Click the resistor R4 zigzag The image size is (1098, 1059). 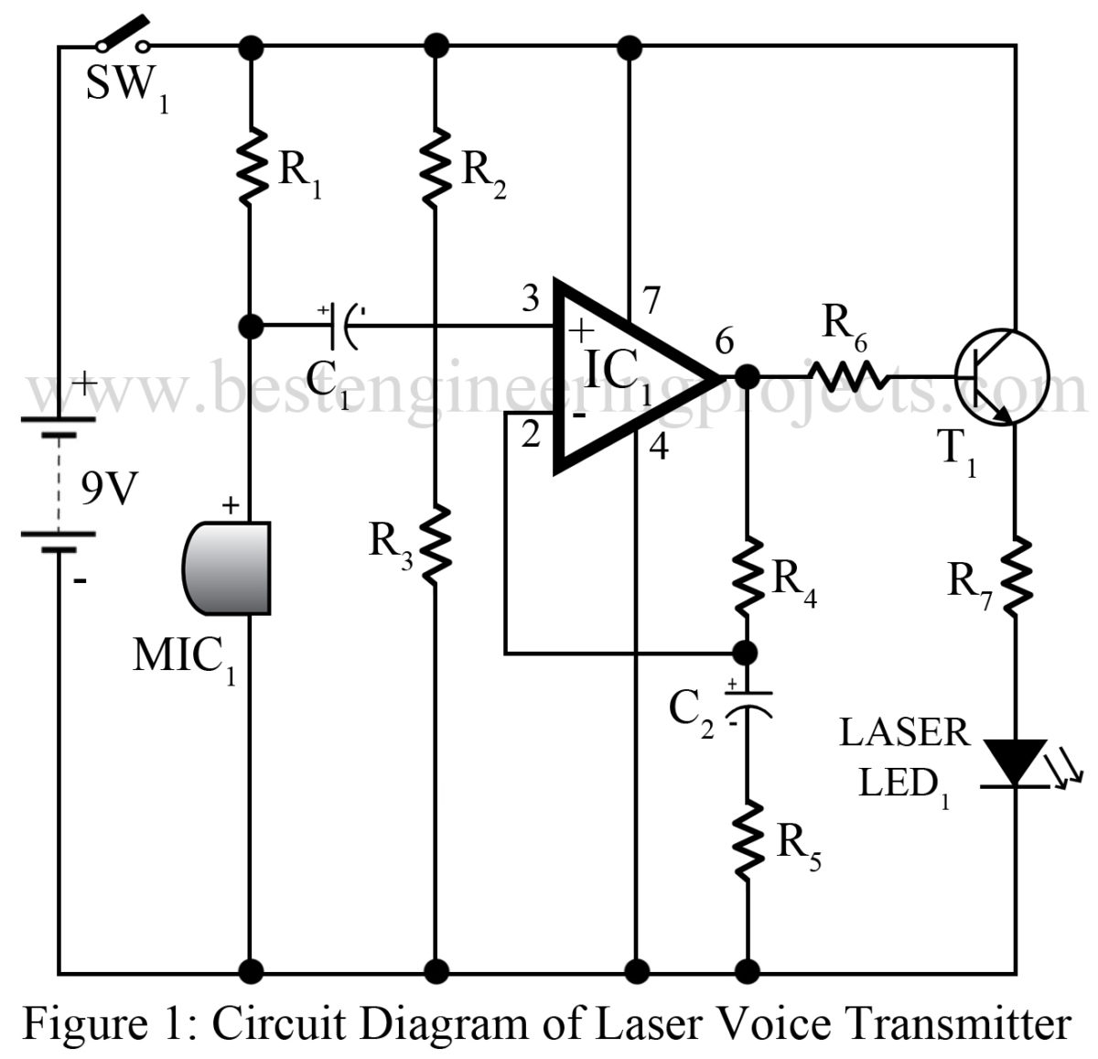(748, 572)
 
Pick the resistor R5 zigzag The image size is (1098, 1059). (748, 837)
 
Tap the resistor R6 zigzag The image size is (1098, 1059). (846, 374)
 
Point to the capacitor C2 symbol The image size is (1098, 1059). (748, 701)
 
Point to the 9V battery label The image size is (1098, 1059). (107, 492)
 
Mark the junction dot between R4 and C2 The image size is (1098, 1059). (747, 653)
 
